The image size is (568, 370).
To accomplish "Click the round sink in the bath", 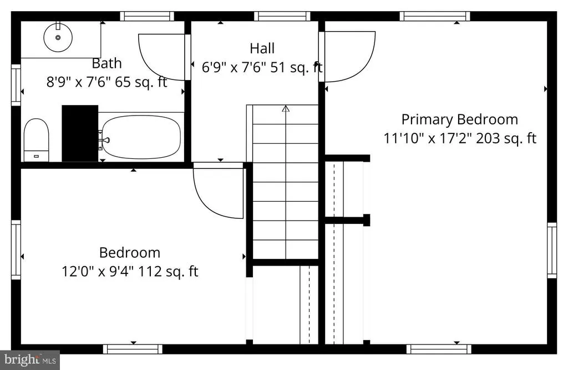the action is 58,37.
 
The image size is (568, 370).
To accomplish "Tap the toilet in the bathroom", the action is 36,139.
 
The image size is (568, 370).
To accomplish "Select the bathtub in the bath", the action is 141,137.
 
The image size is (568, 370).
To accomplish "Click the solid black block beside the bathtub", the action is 80,133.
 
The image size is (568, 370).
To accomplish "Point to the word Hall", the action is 262,48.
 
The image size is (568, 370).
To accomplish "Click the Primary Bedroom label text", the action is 460,119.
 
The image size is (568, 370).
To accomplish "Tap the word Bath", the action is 106,63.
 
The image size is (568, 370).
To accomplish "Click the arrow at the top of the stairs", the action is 286,108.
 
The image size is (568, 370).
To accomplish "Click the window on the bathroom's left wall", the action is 16,85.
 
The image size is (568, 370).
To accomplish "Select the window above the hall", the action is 282,16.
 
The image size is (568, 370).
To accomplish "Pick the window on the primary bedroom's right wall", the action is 552,251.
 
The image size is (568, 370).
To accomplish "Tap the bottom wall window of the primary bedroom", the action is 439,349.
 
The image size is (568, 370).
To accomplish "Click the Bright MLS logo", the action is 30,360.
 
